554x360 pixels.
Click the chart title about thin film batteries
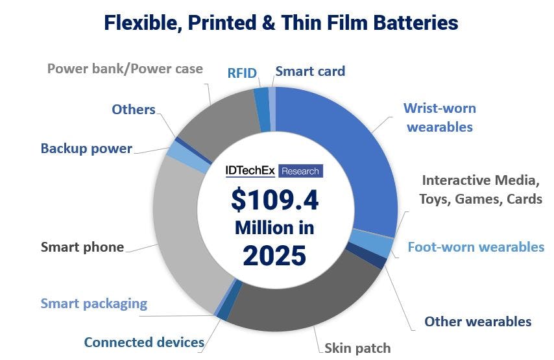pos(281,23)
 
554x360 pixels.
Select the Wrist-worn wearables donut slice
pos(350,149)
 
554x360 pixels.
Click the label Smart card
pos(310,71)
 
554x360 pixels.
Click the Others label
pos(133,109)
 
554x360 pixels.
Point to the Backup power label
pos(86,149)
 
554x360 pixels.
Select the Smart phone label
pos(82,246)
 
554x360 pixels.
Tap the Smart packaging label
pos(94,303)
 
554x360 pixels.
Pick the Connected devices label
pos(144,342)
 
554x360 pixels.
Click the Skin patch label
pos(358,348)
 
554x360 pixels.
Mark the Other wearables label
pos(477,321)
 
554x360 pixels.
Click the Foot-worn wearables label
pos(476,246)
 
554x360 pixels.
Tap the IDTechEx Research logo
pos(273,171)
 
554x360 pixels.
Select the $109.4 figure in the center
pos(275,200)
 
